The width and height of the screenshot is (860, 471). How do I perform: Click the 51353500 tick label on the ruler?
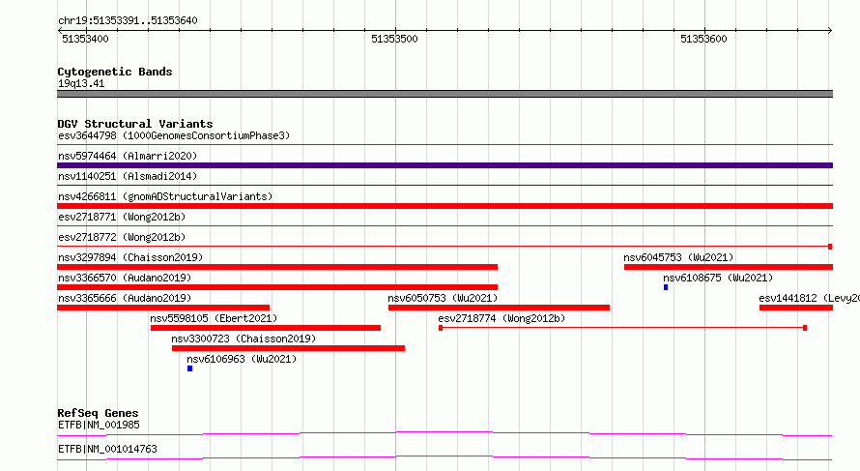(394, 39)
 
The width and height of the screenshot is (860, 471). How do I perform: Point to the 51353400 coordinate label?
(86, 39)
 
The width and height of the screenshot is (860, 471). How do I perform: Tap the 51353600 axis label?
(703, 39)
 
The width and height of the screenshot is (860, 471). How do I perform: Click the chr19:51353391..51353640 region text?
(128, 20)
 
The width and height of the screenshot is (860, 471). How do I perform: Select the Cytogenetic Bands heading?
(115, 72)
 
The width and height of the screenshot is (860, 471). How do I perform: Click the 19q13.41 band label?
(81, 83)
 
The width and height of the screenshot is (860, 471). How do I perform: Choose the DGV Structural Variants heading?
(135, 124)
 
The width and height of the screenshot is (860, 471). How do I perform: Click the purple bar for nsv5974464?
(444, 165)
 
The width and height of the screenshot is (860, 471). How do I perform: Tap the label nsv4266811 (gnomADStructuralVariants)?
(165, 196)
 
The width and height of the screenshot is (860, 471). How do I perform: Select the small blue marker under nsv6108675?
(666, 287)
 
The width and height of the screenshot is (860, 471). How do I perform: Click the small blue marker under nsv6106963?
(189, 368)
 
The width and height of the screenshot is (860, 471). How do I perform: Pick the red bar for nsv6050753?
(500, 308)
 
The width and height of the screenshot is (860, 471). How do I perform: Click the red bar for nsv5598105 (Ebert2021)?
(266, 328)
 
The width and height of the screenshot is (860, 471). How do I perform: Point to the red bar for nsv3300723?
(289, 348)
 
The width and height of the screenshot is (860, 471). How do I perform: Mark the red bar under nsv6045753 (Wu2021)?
(729, 267)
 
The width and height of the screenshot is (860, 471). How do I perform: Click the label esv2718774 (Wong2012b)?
(502, 318)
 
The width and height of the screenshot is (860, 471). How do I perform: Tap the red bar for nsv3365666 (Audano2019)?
(163, 308)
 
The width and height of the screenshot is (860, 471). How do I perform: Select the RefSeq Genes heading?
(99, 413)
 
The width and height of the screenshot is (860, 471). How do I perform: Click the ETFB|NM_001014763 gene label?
(107, 449)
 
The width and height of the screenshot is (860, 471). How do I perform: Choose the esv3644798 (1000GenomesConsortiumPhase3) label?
(174, 135)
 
